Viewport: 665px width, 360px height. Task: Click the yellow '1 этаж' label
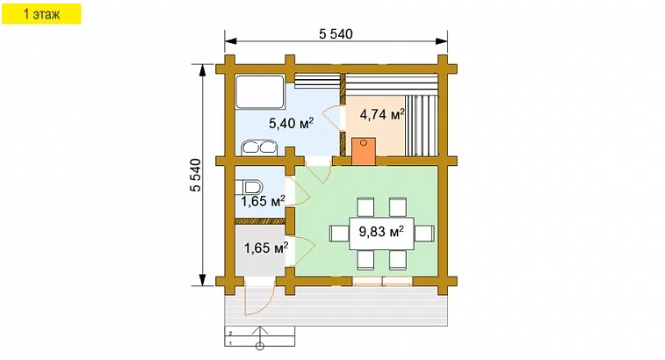click(x=41, y=14)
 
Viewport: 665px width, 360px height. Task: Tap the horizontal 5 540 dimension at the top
click(x=336, y=34)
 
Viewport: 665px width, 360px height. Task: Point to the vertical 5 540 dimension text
click(x=196, y=175)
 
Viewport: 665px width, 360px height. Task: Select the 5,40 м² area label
click(x=292, y=124)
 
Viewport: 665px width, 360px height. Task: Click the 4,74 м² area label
click(x=382, y=114)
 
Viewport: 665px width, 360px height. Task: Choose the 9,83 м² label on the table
click(x=381, y=232)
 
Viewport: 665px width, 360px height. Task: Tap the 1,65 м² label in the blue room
click(x=263, y=201)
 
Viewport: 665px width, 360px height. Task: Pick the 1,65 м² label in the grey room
click(x=266, y=248)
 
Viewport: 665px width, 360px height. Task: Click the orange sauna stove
click(x=364, y=150)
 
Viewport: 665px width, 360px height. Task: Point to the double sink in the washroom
click(x=259, y=148)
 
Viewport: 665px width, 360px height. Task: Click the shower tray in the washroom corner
click(x=260, y=91)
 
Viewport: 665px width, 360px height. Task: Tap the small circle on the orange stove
click(x=364, y=143)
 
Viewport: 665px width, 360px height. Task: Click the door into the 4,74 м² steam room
click(x=332, y=119)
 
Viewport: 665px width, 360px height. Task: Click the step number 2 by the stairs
click(x=230, y=333)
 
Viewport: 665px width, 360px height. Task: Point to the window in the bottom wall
click(x=382, y=281)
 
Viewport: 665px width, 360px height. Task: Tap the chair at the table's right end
click(x=424, y=234)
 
